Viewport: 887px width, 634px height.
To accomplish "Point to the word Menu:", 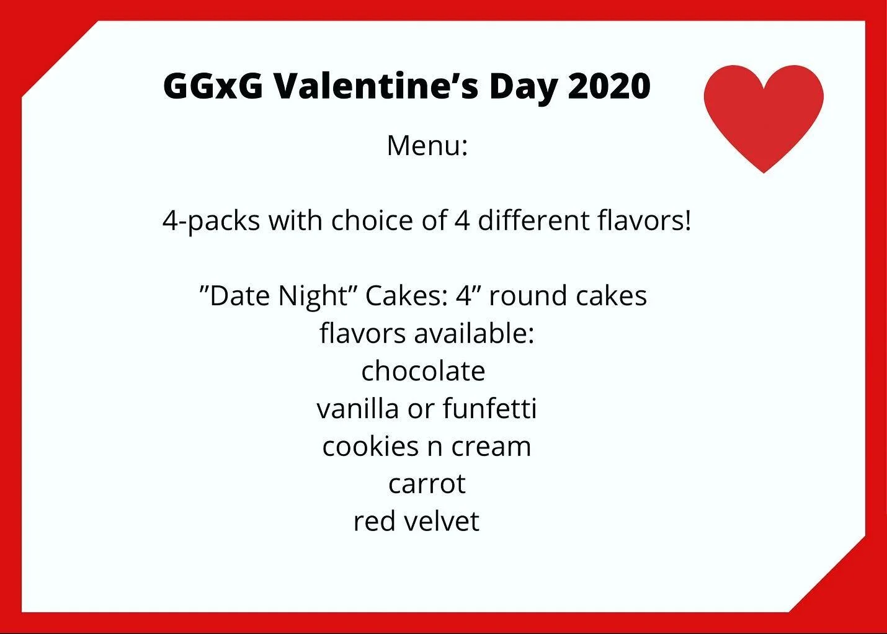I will [x=427, y=146].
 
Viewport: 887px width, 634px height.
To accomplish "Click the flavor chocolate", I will [x=423, y=371].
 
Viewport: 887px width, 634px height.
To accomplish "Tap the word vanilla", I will [x=357, y=409].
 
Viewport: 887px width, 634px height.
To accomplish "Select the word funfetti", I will [x=490, y=409].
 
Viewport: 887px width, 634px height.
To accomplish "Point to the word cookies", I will [x=370, y=447].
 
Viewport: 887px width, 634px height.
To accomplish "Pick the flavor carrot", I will [x=427, y=484].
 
